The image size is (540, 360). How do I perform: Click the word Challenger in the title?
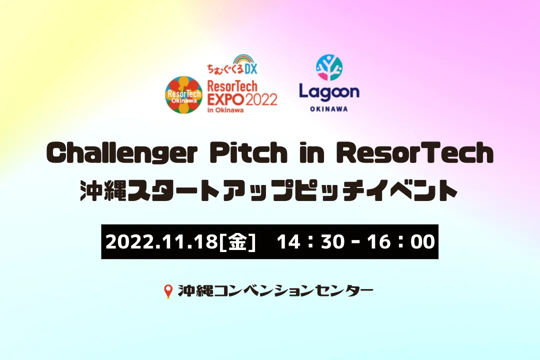(x=122, y=153)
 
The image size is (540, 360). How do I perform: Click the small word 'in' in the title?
(x=311, y=153)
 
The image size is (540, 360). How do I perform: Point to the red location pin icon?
(x=168, y=291)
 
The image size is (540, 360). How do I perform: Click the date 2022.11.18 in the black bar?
(x=161, y=242)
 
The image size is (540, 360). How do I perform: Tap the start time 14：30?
(x=310, y=242)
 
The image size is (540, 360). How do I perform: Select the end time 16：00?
(x=401, y=242)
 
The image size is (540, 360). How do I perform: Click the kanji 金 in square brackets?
(x=237, y=241)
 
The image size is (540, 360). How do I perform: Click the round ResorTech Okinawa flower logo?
(x=183, y=94)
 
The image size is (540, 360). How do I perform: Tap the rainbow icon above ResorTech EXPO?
(x=243, y=59)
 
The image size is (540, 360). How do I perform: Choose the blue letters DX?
(x=250, y=69)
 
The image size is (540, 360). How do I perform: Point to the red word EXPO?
(x=225, y=99)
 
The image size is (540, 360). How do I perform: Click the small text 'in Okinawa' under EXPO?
(x=225, y=110)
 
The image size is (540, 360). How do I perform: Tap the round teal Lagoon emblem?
(x=329, y=68)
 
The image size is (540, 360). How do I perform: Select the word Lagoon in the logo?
(x=329, y=92)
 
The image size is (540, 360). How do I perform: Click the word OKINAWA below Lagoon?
(x=329, y=109)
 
